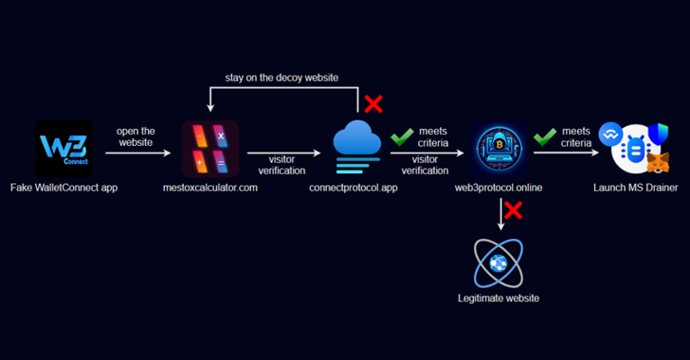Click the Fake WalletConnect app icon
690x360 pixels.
point(64,148)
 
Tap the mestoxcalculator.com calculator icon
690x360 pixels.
point(210,149)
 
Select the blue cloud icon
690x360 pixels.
point(357,144)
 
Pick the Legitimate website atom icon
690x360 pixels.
point(498,262)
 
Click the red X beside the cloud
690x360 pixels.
point(373,104)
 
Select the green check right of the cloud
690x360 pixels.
point(402,138)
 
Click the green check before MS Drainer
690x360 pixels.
point(544,138)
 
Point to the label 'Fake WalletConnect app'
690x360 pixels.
point(63,189)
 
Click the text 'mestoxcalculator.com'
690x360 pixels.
point(210,189)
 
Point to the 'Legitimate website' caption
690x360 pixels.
point(498,298)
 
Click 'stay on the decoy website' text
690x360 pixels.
point(281,76)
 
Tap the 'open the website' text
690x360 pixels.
point(136,137)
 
